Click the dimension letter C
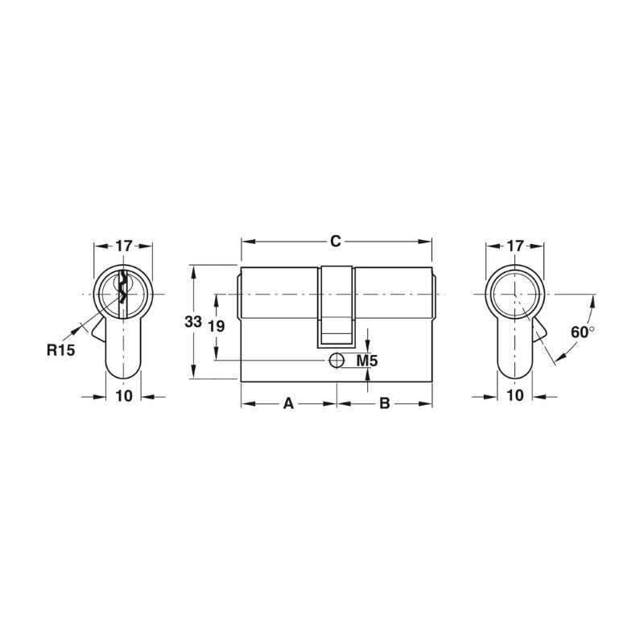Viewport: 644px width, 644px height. pos(336,241)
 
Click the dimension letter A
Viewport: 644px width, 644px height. pos(289,403)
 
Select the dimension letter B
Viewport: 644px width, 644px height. pos(385,403)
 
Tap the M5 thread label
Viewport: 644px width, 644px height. pos(367,361)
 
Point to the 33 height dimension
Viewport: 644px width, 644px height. pos(193,321)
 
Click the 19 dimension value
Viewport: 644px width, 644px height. pos(216,327)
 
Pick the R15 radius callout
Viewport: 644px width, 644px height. pos(61,350)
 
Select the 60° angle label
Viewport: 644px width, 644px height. pos(583,332)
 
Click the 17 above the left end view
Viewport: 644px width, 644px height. pos(123,246)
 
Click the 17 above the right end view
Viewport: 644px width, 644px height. pos(515,246)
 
